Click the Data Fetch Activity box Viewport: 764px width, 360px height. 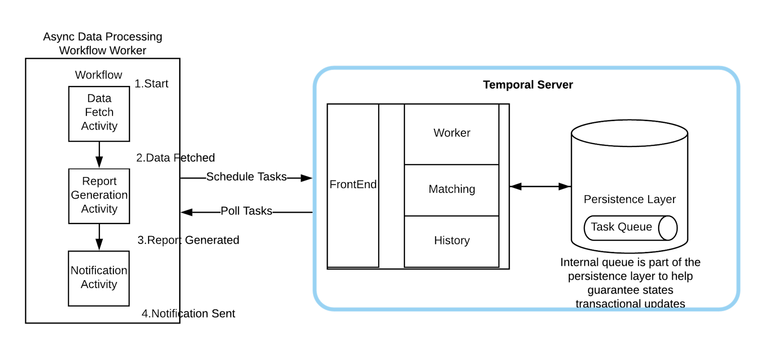click(x=99, y=114)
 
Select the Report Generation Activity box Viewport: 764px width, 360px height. click(x=99, y=196)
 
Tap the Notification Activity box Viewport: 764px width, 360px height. click(x=99, y=279)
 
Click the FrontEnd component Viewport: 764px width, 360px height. click(x=353, y=185)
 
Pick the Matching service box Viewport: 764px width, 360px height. click(x=452, y=190)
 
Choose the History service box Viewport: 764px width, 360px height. click(x=452, y=242)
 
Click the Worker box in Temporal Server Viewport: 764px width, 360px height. click(x=452, y=134)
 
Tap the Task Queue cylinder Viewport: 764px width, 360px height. click(x=631, y=228)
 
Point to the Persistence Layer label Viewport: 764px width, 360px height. click(x=630, y=199)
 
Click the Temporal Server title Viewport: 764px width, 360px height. click(x=528, y=85)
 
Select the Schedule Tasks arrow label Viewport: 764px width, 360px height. click(x=246, y=176)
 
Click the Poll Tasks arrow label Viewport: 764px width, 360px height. click(x=246, y=211)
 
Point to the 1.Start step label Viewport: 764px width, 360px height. click(x=151, y=84)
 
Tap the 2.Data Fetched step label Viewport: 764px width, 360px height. click(x=175, y=157)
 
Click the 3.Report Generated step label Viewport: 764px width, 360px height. click(x=188, y=240)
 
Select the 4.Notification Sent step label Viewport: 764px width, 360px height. click(x=188, y=313)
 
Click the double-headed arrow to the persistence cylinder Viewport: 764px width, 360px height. click(x=540, y=186)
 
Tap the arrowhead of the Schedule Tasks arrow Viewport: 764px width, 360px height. click(x=307, y=178)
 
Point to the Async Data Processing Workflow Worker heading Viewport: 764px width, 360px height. click(x=103, y=43)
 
